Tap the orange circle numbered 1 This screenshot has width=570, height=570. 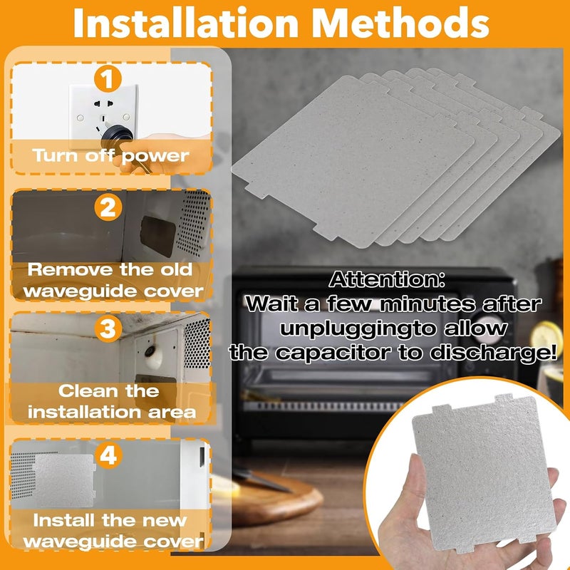pos(108,78)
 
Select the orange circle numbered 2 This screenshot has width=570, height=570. pos(108,207)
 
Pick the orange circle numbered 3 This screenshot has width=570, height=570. pos(108,329)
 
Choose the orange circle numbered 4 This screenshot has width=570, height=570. pos(108,455)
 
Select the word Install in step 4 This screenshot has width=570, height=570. pos(64,520)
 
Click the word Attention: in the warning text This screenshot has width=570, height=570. pos(387,279)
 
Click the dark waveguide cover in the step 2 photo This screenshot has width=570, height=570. pos(157,236)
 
